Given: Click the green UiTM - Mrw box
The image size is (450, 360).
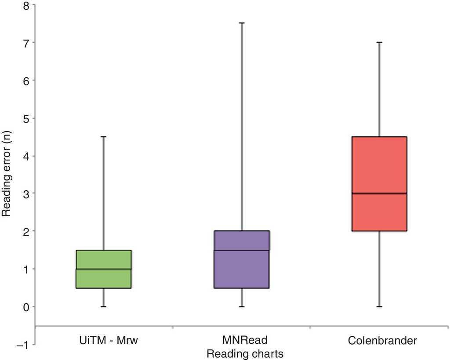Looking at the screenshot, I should tap(104, 269).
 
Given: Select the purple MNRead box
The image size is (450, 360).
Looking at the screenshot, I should tap(242, 259).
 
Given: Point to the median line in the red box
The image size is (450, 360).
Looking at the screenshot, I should tap(380, 193).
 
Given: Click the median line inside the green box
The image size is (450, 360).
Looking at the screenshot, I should tap(104, 269).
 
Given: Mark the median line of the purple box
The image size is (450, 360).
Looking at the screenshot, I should tap(242, 250).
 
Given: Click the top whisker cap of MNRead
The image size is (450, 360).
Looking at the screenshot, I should tap(242, 23).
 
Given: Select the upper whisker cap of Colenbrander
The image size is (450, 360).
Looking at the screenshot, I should tap(380, 42).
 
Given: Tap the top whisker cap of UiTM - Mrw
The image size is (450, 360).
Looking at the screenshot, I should tap(104, 137).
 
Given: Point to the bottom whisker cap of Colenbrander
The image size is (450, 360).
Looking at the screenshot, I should tap(380, 306).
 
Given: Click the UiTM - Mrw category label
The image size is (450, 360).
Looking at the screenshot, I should tap(104, 340).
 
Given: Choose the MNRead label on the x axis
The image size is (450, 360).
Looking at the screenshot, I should tap(245, 340).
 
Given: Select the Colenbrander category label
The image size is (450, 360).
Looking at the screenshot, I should tap(382, 341).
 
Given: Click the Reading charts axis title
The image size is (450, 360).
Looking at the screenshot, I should tap(245, 353).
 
